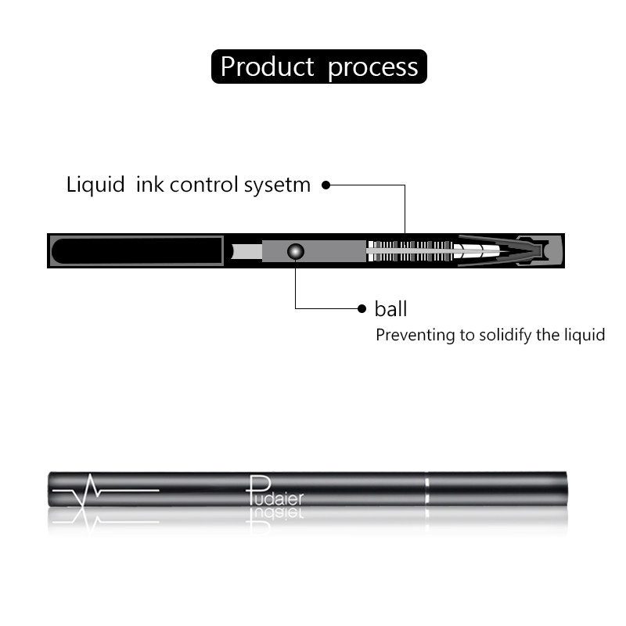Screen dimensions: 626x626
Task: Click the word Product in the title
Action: (267, 67)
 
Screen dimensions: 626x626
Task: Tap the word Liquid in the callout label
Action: (95, 185)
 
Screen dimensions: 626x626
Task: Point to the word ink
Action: (150, 185)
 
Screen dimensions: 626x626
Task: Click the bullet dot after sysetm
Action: (326, 185)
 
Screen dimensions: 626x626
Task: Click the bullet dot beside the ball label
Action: (362, 308)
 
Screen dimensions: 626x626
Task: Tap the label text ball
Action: (390, 309)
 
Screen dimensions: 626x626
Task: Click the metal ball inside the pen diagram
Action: (296, 251)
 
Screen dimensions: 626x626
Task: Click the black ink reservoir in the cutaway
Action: (136, 250)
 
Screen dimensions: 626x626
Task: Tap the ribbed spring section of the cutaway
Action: (410, 251)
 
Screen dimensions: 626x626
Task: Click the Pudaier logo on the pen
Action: (275, 491)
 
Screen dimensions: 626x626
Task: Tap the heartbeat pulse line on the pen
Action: (106, 490)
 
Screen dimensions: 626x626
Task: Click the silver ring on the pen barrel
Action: (426, 489)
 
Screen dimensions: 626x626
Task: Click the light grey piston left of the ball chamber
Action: (246, 251)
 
